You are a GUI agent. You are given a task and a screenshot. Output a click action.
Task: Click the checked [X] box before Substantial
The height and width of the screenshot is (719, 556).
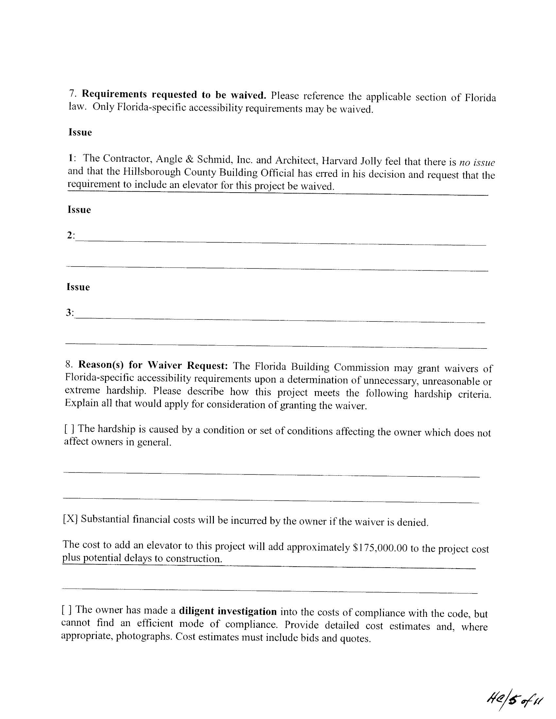click(70, 519)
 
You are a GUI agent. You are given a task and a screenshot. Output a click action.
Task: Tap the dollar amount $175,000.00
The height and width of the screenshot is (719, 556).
click(380, 547)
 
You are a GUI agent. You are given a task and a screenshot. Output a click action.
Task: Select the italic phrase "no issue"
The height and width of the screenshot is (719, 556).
click(477, 163)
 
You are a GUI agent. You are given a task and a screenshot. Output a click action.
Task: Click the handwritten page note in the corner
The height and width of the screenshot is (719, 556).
click(514, 697)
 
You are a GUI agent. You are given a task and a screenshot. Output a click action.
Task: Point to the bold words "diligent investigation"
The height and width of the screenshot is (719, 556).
click(228, 611)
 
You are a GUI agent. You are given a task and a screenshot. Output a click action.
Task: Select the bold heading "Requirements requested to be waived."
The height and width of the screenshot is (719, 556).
click(174, 94)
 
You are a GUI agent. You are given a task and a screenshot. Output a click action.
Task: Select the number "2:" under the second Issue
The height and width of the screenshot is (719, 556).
click(71, 235)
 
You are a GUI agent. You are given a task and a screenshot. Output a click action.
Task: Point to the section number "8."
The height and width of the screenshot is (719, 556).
click(69, 364)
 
